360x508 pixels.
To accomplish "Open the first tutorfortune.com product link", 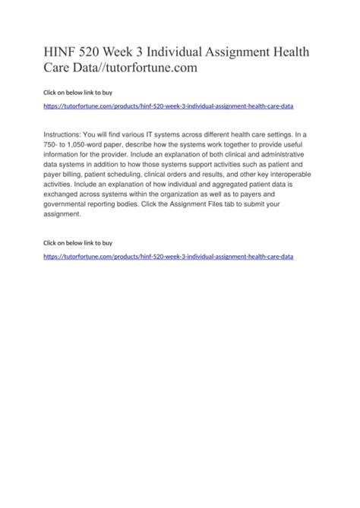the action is [x=169, y=108].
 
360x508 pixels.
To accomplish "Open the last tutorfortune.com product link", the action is [x=169, y=257].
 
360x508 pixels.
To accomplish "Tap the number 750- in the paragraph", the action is [x=54, y=144].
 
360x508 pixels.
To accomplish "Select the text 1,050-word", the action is [x=87, y=144].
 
